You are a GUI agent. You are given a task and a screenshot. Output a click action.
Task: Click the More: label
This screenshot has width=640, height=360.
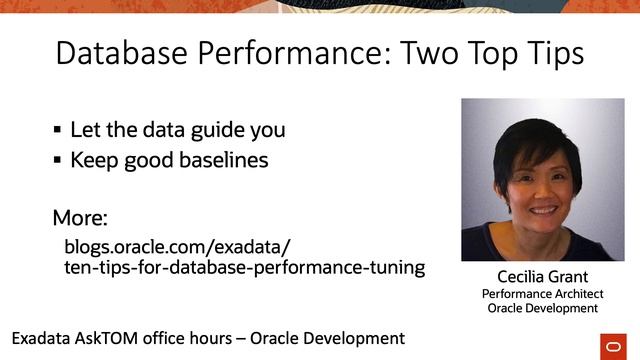click(80, 218)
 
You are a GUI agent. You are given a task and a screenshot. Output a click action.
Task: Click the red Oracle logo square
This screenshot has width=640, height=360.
click(609, 344)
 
